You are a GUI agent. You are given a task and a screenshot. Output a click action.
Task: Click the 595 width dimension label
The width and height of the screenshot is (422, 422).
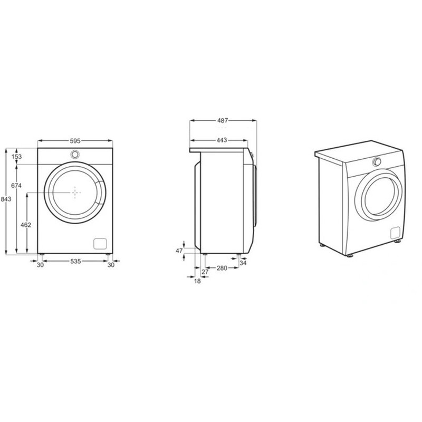pyautogui.click(x=75, y=141)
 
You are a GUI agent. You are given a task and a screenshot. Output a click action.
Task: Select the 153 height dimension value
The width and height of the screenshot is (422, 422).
pyautogui.click(x=17, y=157)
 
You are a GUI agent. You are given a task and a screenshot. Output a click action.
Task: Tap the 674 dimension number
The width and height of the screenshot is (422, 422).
pyautogui.click(x=16, y=186)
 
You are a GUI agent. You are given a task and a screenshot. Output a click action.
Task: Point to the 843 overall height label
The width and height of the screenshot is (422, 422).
pyautogui.click(x=6, y=199)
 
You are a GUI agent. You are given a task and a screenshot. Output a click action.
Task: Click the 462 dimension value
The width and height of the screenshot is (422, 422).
pyautogui.click(x=25, y=225)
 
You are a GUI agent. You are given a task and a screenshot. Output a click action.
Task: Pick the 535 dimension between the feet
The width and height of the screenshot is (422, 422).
pyautogui.click(x=75, y=261)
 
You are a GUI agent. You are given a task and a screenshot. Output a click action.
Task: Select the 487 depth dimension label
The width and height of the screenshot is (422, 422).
pyautogui.click(x=223, y=120)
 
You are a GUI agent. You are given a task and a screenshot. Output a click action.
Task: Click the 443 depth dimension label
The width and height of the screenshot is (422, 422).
pyautogui.click(x=222, y=140)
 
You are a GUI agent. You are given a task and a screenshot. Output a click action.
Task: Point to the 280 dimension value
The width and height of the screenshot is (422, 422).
pyautogui.click(x=222, y=268)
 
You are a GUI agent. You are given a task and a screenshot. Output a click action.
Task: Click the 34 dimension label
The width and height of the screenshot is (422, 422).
pyautogui.click(x=243, y=262)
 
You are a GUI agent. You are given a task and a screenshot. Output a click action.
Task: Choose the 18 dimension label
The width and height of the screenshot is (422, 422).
pyautogui.click(x=197, y=281)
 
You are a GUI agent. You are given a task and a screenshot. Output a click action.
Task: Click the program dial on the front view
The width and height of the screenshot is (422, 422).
pyautogui.click(x=75, y=154)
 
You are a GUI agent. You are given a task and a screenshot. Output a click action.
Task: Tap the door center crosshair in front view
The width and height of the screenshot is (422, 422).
pyautogui.click(x=76, y=193)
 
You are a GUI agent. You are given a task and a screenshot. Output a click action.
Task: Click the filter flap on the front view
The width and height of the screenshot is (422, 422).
pyautogui.click(x=100, y=243)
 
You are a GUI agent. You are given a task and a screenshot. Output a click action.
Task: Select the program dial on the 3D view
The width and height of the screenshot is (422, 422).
pyautogui.click(x=377, y=162)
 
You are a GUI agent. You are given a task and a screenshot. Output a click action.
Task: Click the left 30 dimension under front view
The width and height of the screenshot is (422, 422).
pyautogui.click(x=40, y=265)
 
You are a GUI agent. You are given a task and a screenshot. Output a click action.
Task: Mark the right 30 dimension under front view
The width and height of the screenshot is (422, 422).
pyautogui.click(x=111, y=265)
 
